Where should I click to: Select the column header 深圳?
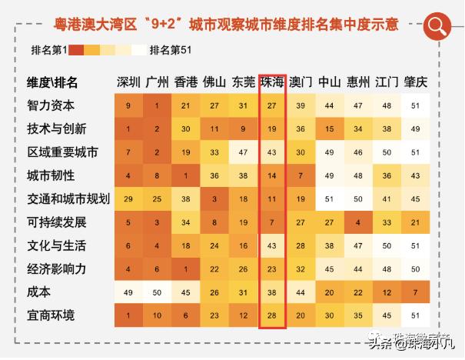pyautogui.click(x=128, y=82)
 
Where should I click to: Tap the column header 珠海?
pyautogui.click(x=272, y=82)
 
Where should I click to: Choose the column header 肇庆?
pyautogui.click(x=416, y=82)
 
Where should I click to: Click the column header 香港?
pyautogui.click(x=186, y=82)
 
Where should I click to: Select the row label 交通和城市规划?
pyautogui.click(x=68, y=199)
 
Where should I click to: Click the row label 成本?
pyautogui.click(x=39, y=292)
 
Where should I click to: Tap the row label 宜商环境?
pyautogui.click(x=51, y=315)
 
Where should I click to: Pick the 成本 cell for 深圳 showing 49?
pyautogui.click(x=128, y=292)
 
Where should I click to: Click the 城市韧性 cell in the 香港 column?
pyautogui.click(x=186, y=176)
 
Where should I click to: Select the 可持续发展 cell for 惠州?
pyautogui.click(x=358, y=222)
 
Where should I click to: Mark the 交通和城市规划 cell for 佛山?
pyautogui.click(x=214, y=199)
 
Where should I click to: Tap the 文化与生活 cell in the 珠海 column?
pyautogui.click(x=272, y=245)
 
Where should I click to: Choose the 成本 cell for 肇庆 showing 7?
pyautogui.click(x=416, y=292)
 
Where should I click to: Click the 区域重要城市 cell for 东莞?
pyautogui.click(x=244, y=152)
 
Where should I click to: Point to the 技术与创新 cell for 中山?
pyautogui.click(x=330, y=129)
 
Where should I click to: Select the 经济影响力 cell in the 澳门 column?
pyautogui.click(x=301, y=269)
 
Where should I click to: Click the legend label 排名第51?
pyautogui.click(x=171, y=50)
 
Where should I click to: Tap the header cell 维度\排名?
pyautogui.click(x=52, y=82)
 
